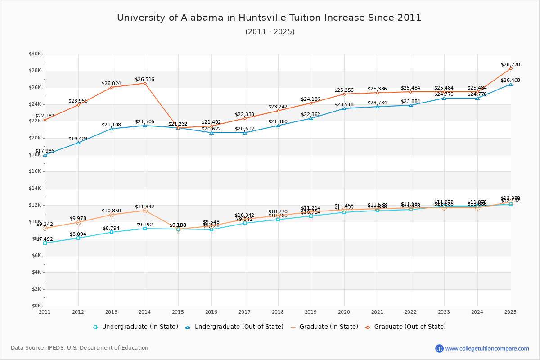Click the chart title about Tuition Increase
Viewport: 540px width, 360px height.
tap(269, 18)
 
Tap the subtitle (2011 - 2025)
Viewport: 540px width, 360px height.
tap(270, 32)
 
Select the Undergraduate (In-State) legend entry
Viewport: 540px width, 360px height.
tap(135, 327)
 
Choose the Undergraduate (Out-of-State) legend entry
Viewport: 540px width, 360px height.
tap(234, 327)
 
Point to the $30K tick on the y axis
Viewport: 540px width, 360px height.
tap(35, 54)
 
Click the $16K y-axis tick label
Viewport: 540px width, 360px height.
tap(35, 171)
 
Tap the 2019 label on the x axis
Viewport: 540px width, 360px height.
tap(311, 312)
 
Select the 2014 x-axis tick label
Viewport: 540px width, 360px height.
tap(144, 312)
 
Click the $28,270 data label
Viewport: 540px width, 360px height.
tap(510, 64)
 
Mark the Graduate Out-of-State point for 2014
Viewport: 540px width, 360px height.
tap(145, 83)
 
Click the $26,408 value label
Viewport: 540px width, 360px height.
tap(510, 80)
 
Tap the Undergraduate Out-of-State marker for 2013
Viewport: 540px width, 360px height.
tap(112, 129)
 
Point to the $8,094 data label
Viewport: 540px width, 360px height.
tap(78, 234)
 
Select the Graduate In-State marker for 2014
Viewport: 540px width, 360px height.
tap(145, 211)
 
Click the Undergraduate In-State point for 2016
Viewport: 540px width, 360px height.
tap(211, 229)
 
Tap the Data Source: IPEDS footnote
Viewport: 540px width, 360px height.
tap(80, 348)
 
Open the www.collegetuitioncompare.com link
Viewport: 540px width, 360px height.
tap(487, 348)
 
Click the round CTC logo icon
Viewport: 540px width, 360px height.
tap(439, 348)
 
